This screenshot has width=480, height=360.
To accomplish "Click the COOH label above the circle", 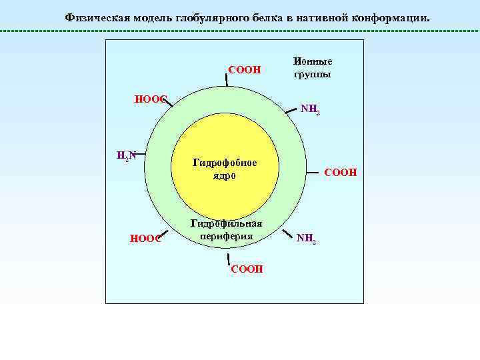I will [244, 70].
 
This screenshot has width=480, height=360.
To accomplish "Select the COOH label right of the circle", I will [340, 173].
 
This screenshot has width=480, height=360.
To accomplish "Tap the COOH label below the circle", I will [246, 269].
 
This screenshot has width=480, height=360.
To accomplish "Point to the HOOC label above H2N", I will [149, 99].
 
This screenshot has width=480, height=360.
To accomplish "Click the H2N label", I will [125, 156].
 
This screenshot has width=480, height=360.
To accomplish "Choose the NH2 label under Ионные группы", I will [309, 109].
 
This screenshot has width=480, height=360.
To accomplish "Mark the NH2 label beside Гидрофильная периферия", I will [306, 237].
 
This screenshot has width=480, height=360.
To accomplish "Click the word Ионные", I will [312, 61].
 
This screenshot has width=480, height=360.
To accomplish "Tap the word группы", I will [312, 74].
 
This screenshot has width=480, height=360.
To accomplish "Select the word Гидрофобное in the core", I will [225, 162].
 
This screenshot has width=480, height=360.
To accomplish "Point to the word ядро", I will [224, 175].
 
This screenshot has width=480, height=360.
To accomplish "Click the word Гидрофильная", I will [226, 223].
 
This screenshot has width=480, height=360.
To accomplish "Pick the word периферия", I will [225, 236].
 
